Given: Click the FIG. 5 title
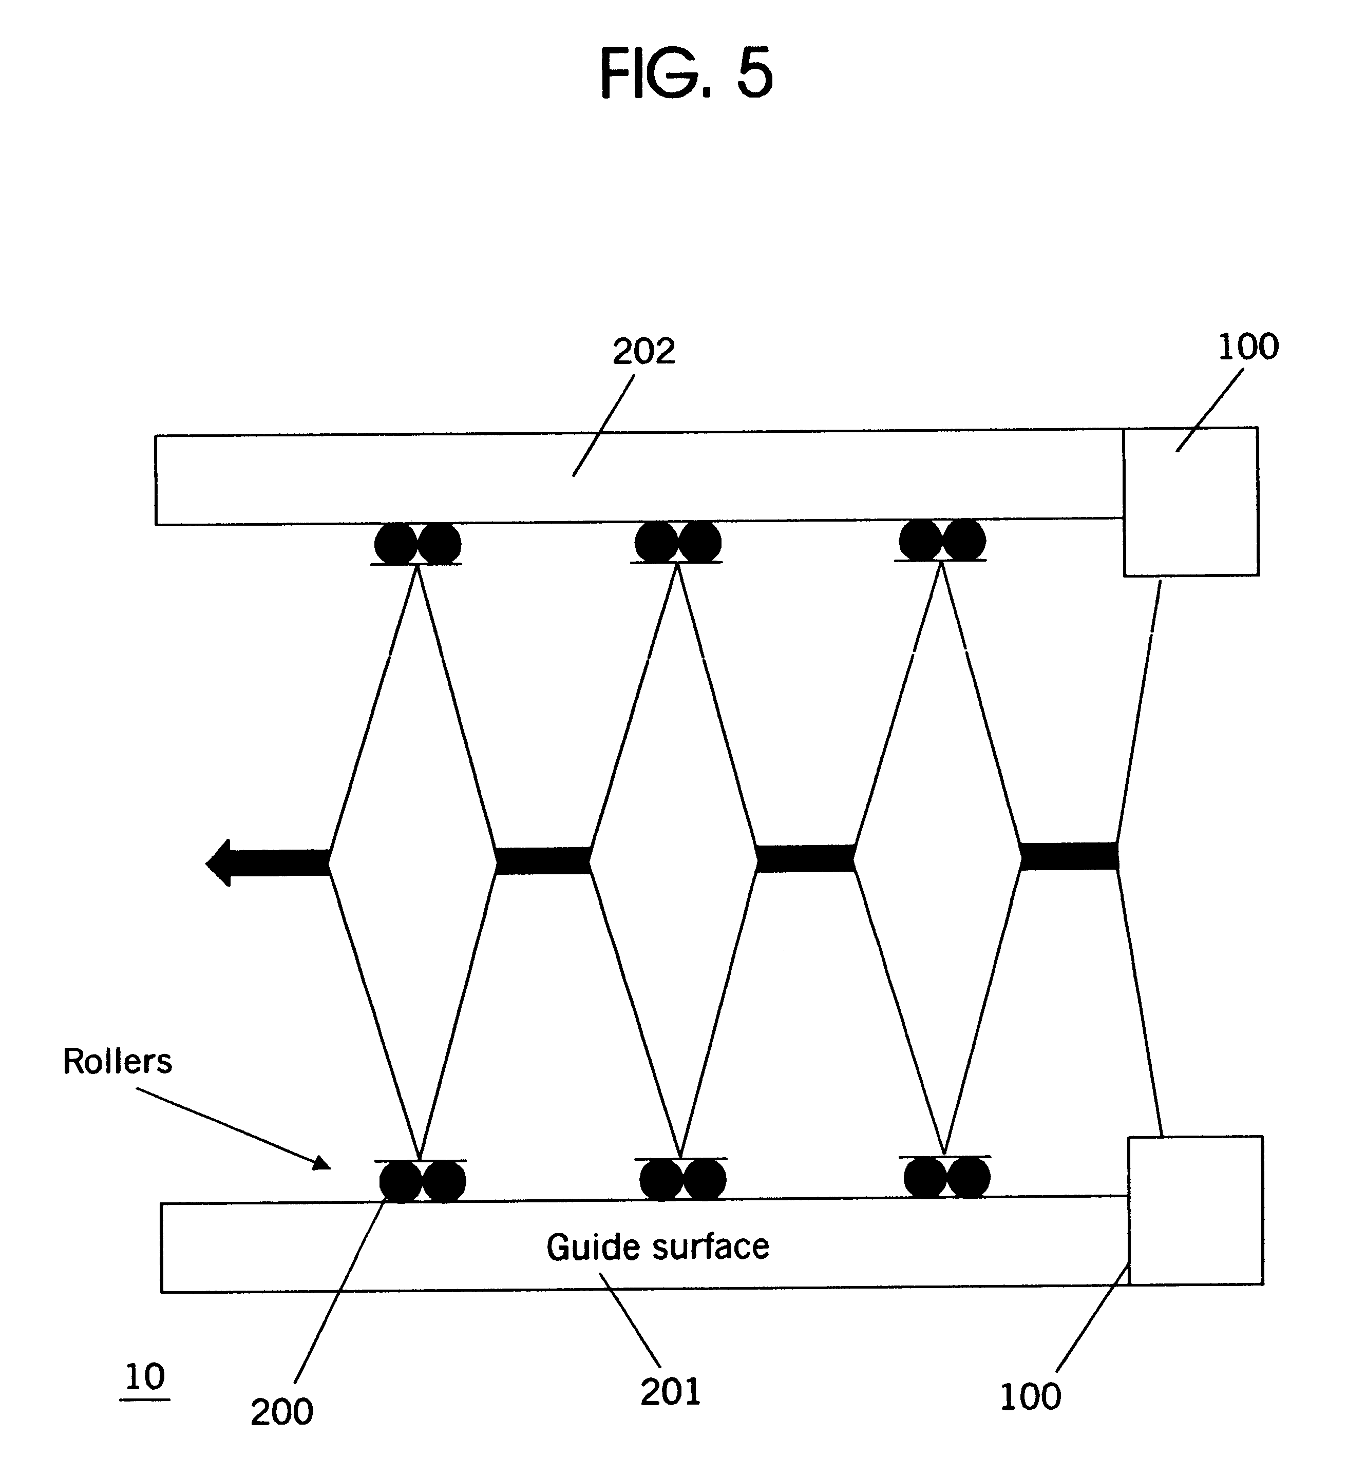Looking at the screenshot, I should click(686, 73).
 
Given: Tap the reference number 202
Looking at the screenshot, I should click(643, 352).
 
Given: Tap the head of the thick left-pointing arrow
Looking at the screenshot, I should click(220, 862).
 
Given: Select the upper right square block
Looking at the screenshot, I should click(1191, 502).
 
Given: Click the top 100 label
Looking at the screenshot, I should click(1248, 347).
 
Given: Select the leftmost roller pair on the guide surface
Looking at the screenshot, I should click(422, 1181).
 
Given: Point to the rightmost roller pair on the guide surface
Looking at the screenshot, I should click(947, 1177).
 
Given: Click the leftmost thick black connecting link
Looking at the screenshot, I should click(543, 860).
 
